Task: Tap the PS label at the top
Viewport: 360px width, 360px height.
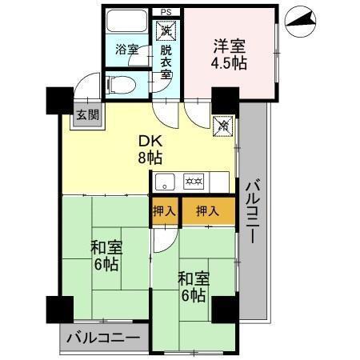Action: tap(166, 12)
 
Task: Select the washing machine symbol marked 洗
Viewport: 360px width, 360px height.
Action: tap(166, 31)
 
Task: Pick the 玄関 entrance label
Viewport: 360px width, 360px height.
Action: tap(87, 114)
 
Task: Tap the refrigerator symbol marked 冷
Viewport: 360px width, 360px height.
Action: tap(224, 126)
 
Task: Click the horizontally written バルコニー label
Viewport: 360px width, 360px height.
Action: tap(103, 338)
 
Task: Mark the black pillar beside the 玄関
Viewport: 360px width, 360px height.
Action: tap(58, 99)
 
